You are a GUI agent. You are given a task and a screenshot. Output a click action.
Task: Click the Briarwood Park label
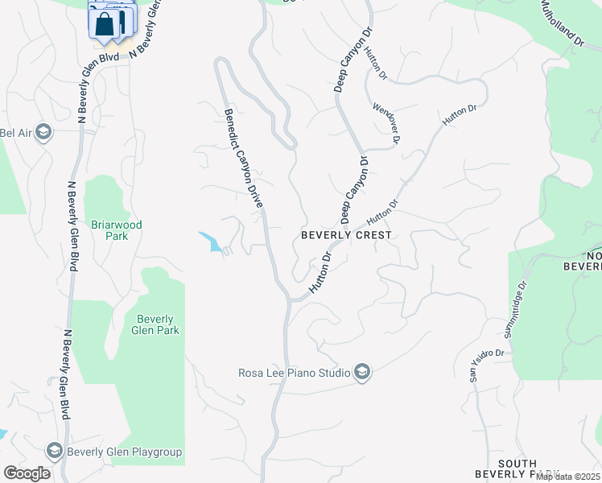coord(117,231)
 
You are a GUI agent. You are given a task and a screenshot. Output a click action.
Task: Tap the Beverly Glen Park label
coord(157,324)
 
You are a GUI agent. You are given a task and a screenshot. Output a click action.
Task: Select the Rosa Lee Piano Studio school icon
coord(362,372)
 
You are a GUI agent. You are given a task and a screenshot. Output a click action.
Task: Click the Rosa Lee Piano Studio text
coord(294,373)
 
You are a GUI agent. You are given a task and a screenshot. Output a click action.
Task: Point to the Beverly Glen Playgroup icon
coord(55,451)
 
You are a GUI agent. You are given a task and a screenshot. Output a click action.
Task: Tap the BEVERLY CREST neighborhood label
coord(346,235)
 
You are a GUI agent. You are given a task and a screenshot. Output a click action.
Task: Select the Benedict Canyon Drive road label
coord(243,159)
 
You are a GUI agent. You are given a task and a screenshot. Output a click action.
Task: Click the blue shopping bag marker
coord(105,24)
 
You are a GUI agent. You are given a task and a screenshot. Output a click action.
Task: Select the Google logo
coord(26,473)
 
